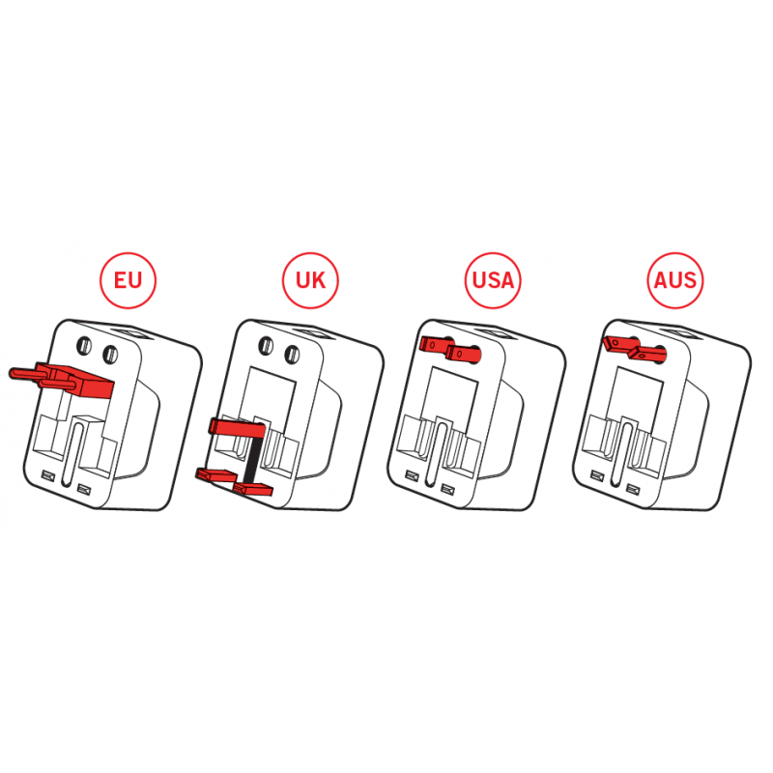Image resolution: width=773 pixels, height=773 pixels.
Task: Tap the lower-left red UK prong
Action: tap(215, 474)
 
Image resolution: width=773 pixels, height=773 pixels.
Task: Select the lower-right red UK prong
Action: tap(253, 489)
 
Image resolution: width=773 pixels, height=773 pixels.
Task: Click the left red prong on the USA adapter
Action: tap(437, 344)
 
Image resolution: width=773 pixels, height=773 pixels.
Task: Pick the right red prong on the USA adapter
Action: tap(464, 353)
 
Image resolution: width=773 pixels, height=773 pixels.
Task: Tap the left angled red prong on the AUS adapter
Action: tap(620, 343)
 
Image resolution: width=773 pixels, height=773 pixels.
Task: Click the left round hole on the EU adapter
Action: tap(84, 345)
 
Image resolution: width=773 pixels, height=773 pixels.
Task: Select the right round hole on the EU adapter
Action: tap(110, 354)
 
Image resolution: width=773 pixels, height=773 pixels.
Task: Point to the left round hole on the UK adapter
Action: tap(267, 345)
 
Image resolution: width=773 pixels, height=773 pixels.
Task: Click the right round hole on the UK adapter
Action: tap(293, 354)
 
